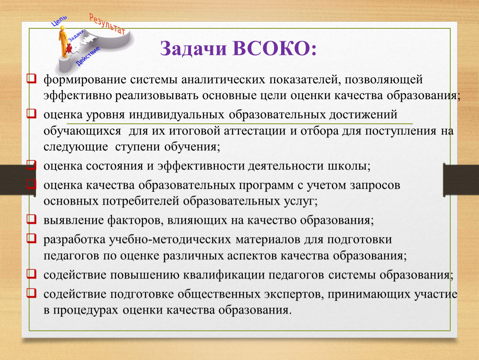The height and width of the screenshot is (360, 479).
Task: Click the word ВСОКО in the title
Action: coord(274,48)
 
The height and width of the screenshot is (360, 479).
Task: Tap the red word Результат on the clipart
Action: coord(107,24)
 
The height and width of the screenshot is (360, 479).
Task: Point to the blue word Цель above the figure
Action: coord(59,21)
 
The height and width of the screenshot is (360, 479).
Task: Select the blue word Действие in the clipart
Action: coord(87,56)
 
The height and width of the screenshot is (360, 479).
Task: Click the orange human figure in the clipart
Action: coord(63,41)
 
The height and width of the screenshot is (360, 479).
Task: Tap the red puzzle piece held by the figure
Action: coord(69,48)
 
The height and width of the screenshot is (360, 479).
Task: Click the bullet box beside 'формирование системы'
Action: coord(32,78)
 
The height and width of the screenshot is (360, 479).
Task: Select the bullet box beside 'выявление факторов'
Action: coord(32,219)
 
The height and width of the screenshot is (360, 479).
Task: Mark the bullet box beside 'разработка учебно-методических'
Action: coord(32,238)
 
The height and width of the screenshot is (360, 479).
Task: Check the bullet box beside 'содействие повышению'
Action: coord(32,273)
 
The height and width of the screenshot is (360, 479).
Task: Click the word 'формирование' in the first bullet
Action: coord(85,80)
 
